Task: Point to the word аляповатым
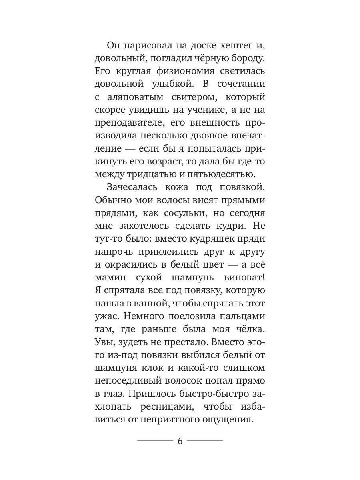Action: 138,98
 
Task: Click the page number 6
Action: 180,441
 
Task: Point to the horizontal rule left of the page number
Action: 154,441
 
